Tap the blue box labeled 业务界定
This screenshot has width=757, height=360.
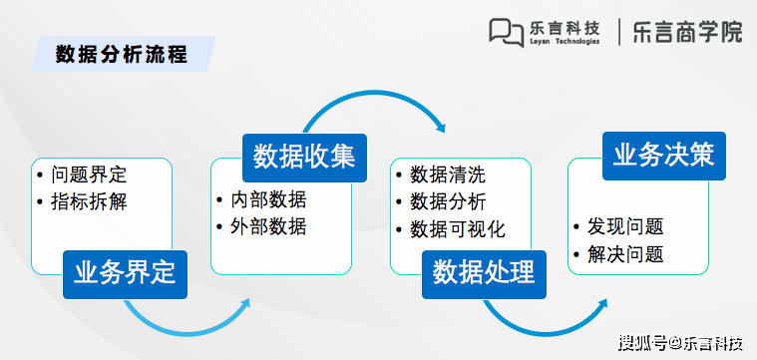pyautogui.click(x=125, y=271)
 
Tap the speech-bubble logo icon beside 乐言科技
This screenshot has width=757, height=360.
pyautogui.click(x=506, y=32)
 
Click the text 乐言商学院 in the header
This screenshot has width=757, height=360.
pyautogui.click(x=688, y=32)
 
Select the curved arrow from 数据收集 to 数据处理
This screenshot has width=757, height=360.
pyautogui.click(x=379, y=100)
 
